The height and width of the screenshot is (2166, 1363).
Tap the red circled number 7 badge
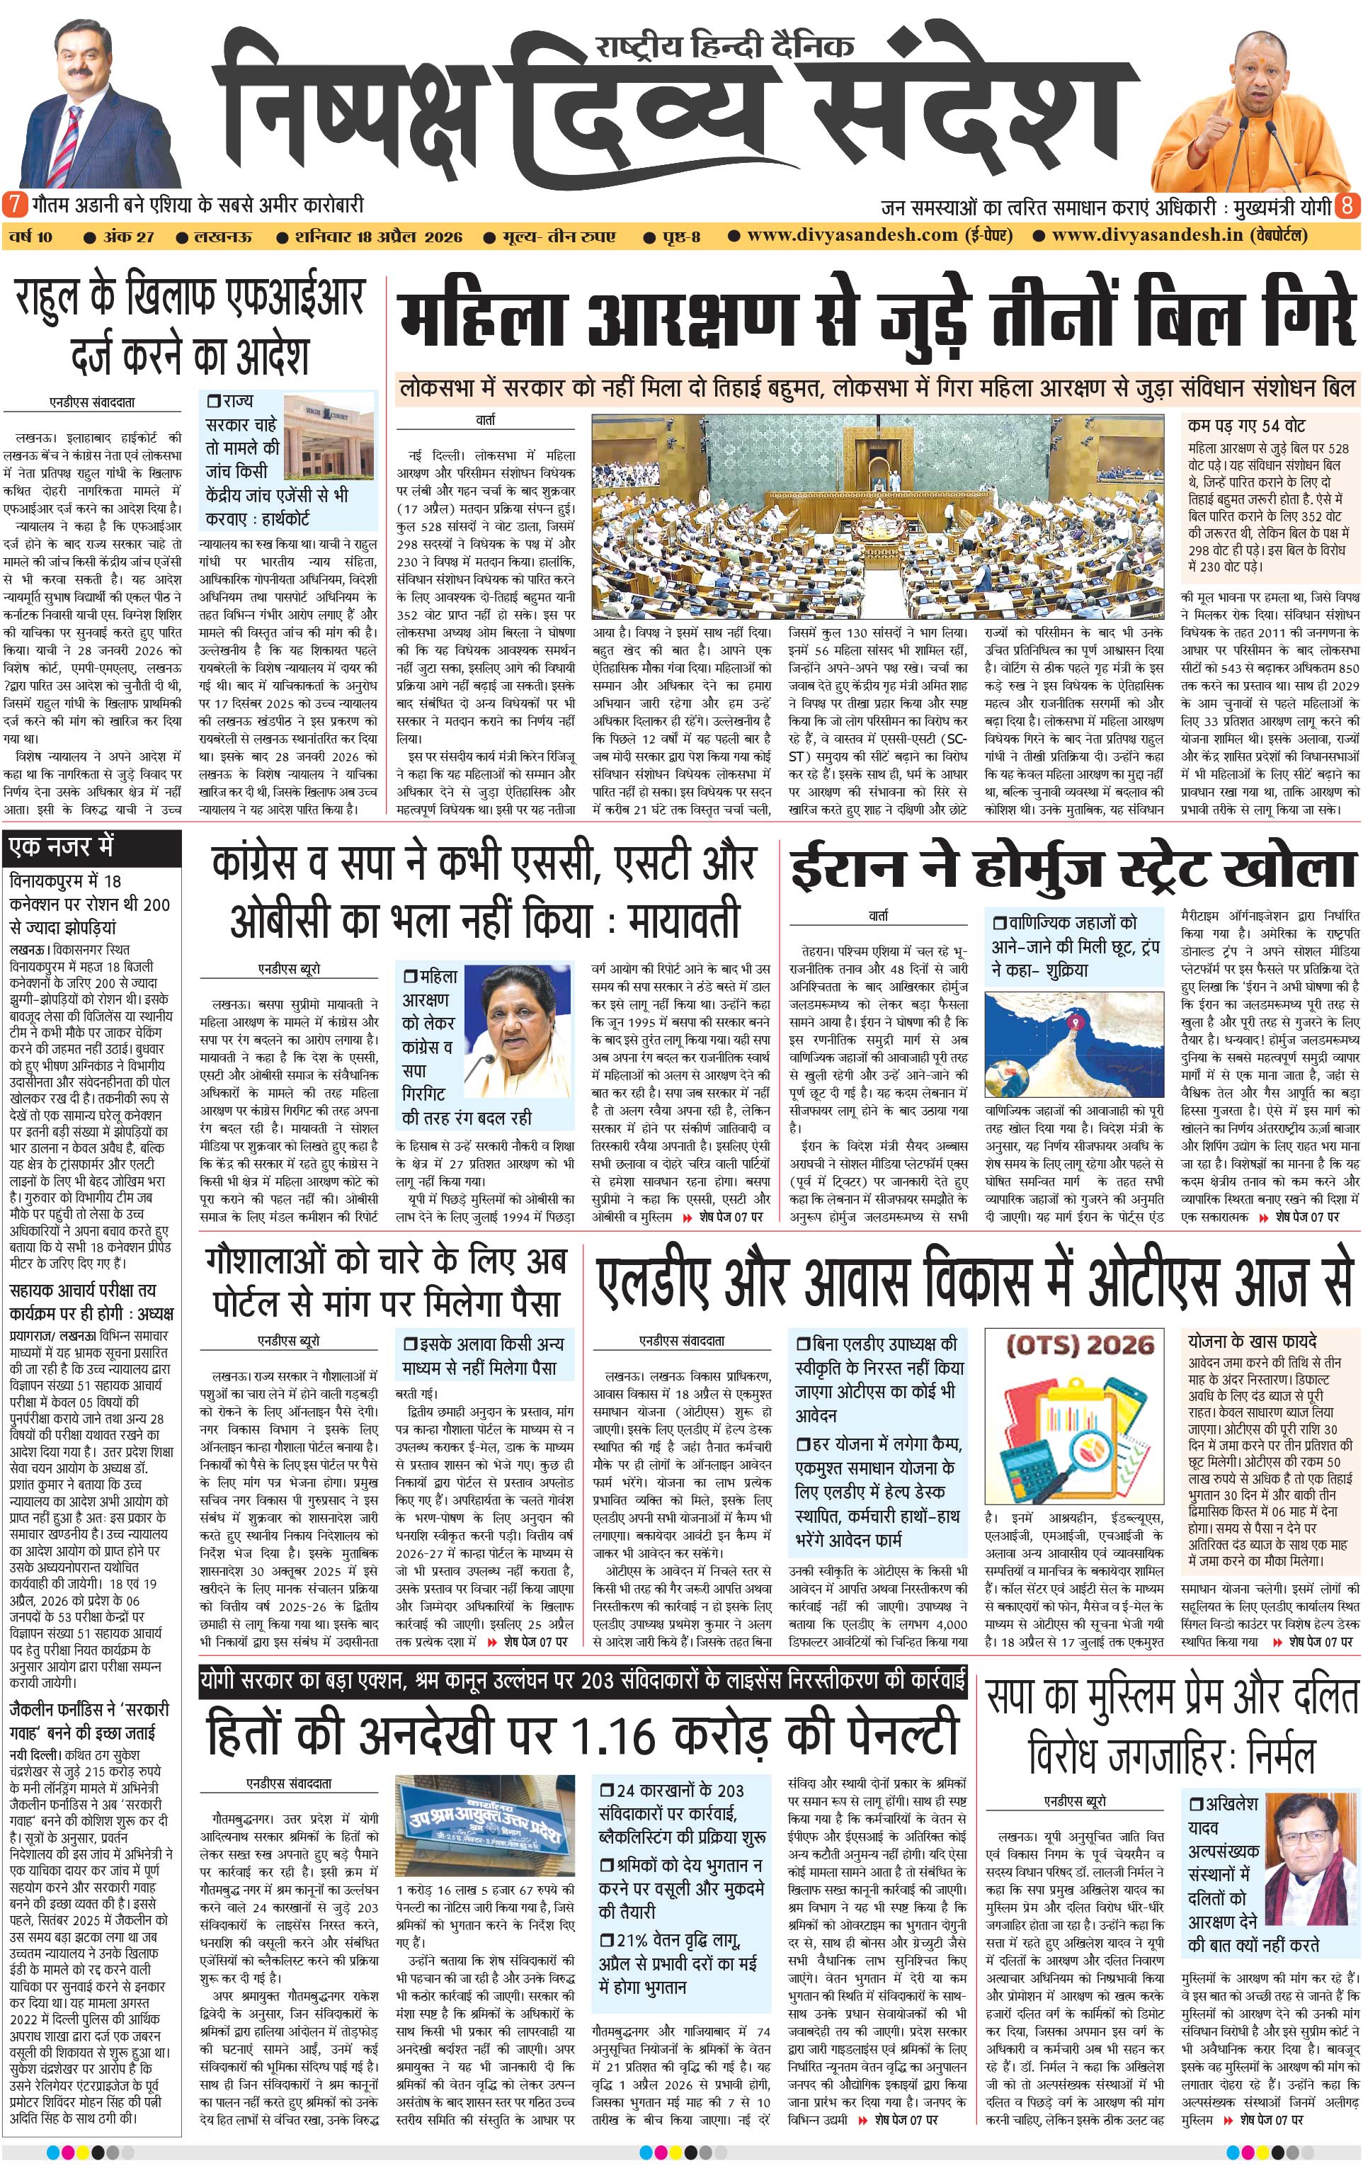[14, 204]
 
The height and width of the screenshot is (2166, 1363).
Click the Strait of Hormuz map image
[1074, 1043]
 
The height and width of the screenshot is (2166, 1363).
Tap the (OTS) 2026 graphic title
[1079, 1346]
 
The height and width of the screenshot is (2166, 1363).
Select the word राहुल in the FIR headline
[59, 300]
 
